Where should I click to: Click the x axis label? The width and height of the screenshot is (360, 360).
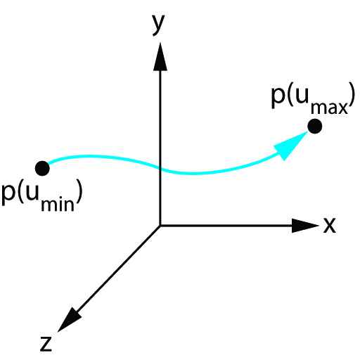click(x=330, y=225)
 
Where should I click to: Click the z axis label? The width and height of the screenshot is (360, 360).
click(x=46, y=343)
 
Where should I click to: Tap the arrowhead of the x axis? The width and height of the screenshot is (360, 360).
click(x=305, y=226)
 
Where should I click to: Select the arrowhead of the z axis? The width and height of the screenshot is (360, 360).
click(x=68, y=321)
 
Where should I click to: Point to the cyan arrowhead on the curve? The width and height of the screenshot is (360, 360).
click(x=291, y=145)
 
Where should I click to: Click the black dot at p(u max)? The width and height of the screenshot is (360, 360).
click(x=315, y=126)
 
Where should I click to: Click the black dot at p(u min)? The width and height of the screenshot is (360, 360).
click(x=42, y=168)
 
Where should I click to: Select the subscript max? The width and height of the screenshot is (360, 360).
click(x=329, y=108)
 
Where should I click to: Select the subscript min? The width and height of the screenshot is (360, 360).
click(x=58, y=205)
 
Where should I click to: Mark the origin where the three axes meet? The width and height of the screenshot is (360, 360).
click(x=160, y=226)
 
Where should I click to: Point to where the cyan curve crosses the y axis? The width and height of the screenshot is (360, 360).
click(x=160, y=168)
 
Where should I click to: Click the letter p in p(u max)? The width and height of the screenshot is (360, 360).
click(x=278, y=96)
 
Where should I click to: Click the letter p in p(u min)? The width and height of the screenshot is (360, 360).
click(x=8, y=195)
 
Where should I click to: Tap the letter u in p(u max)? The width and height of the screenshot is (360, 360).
click(x=302, y=96)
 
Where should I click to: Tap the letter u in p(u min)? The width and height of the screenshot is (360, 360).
click(x=32, y=193)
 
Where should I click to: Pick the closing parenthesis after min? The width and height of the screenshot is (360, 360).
click(x=79, y=192)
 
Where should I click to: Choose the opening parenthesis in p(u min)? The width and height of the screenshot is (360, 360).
click(x=20, y=192)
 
